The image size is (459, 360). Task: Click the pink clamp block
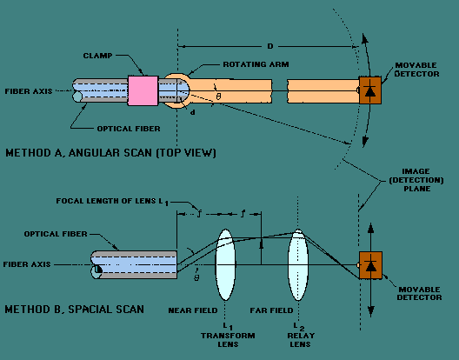pos(143,90)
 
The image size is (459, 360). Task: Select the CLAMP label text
pos(97,56)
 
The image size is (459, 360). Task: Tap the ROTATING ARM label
pos(256,64)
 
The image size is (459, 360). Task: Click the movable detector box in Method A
pos(370,90)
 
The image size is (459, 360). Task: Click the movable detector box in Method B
pos(370,265)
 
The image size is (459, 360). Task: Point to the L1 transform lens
pos(225,265)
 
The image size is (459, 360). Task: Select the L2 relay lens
pos(298,265)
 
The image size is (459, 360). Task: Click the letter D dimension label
pos(269,46)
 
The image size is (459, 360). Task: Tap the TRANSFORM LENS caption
pos(228,340)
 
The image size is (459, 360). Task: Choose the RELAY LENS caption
pos(301,340)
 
